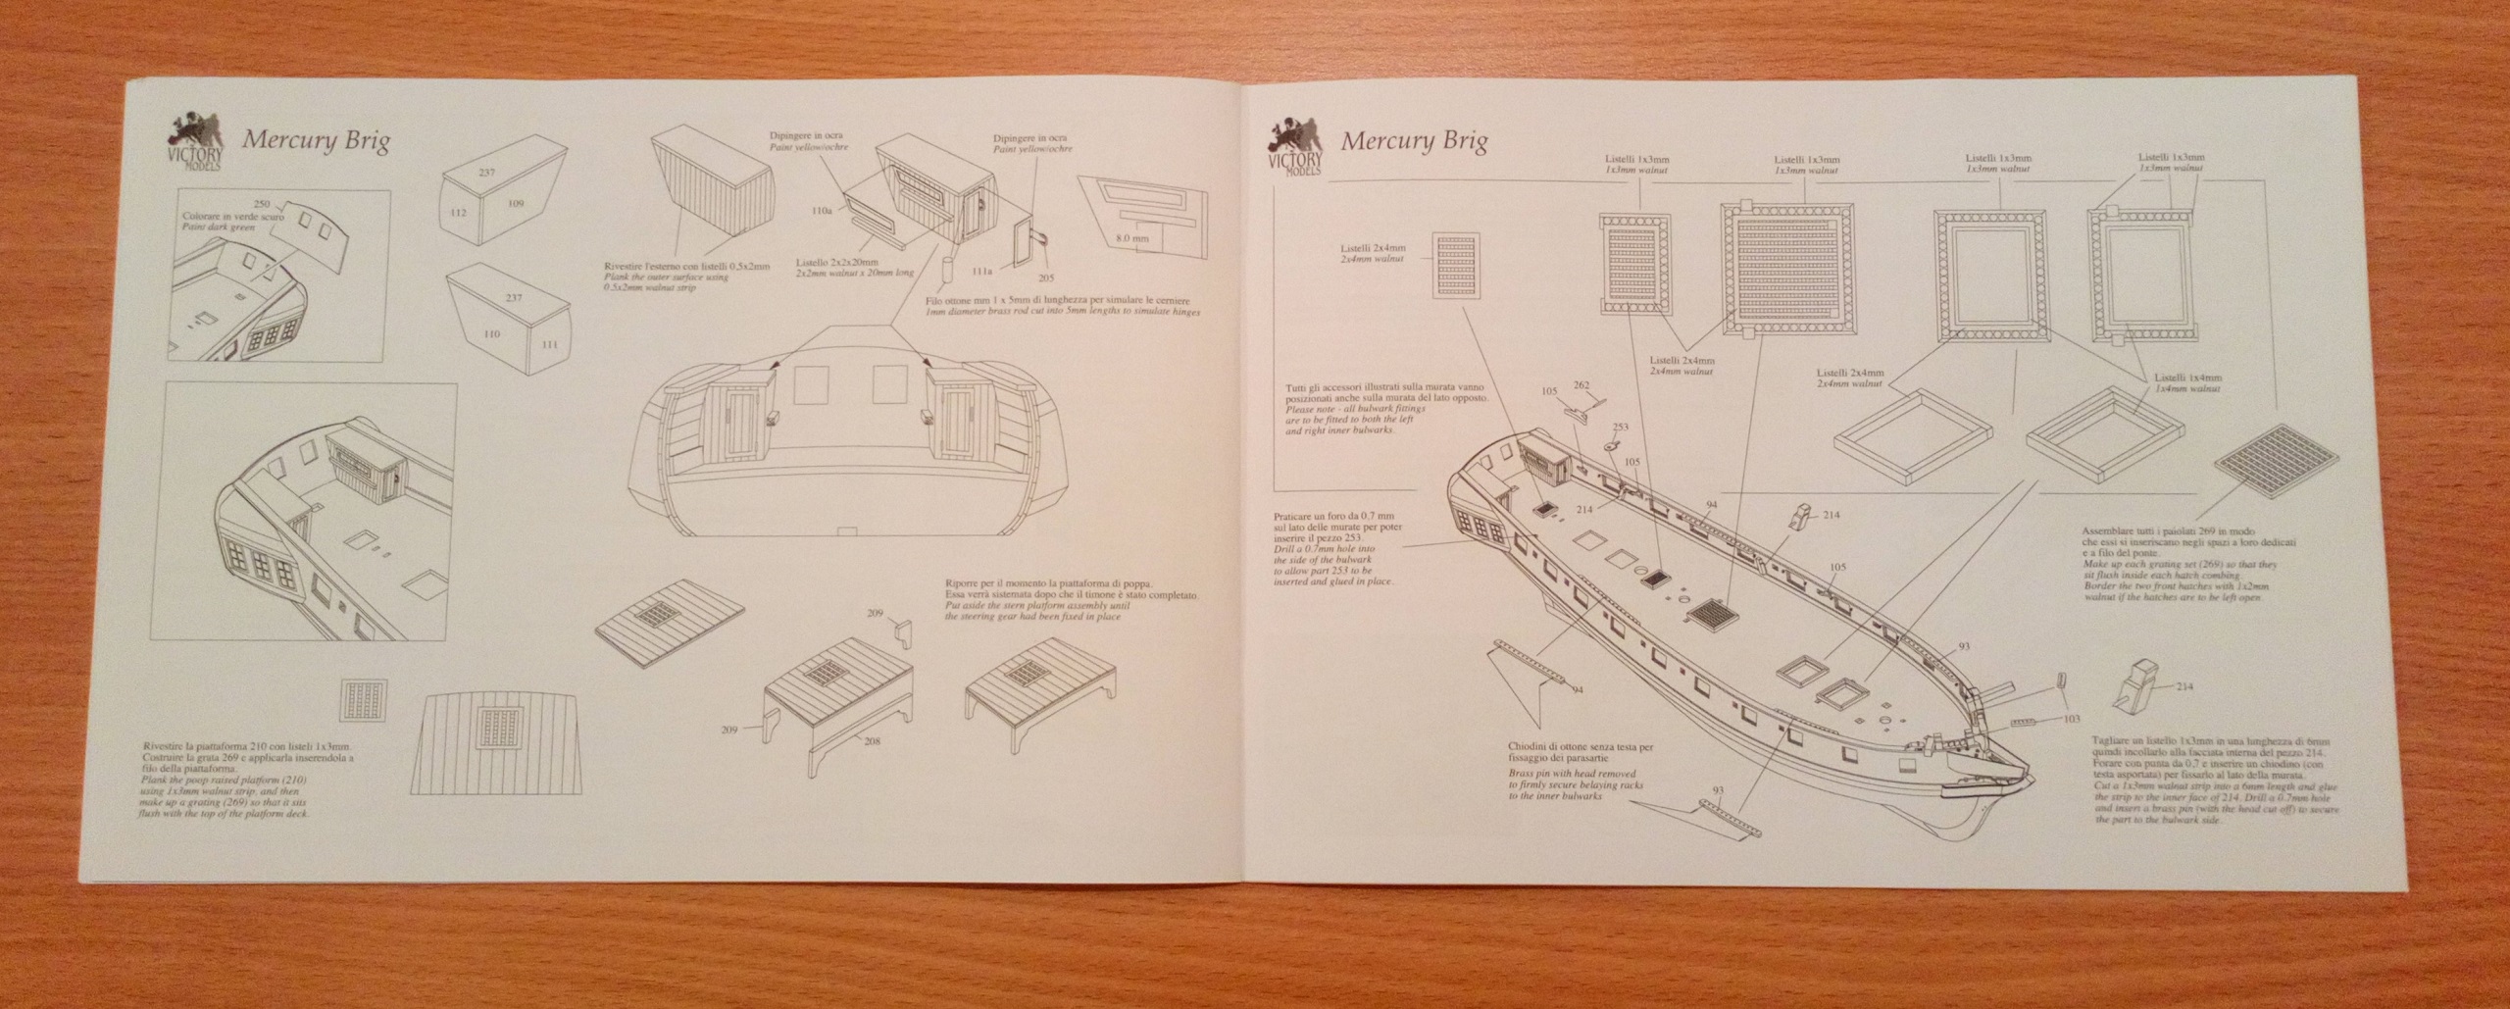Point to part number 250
tap(261, 203)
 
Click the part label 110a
tap(823, 237)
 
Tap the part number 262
tap(1581, 386)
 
